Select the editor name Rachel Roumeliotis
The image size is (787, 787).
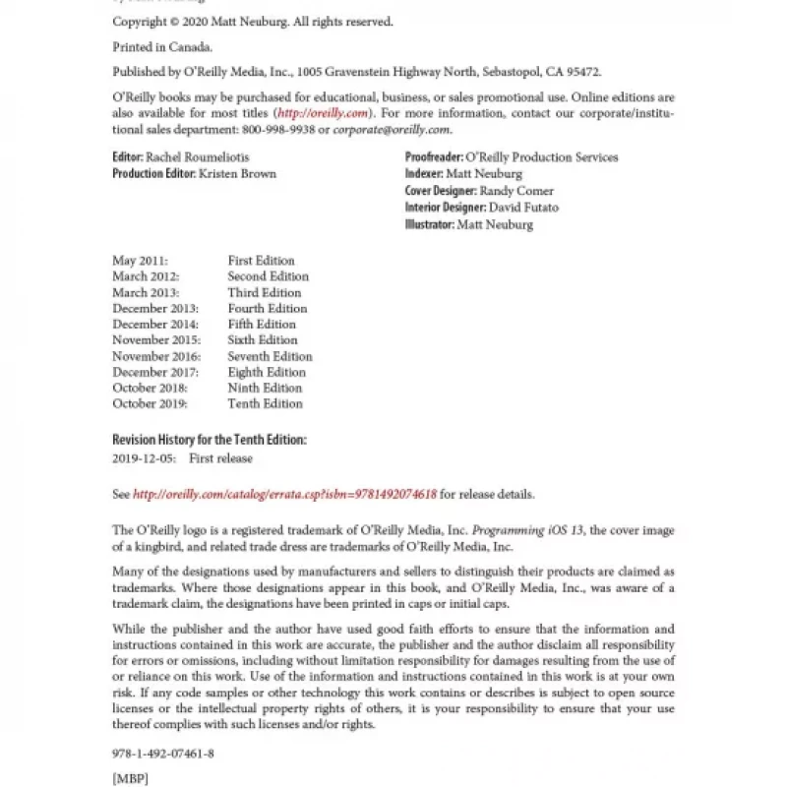point(198,157)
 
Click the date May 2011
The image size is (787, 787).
point(140,261)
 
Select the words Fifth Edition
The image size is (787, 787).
point(262,325)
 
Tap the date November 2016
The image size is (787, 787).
point(156,356)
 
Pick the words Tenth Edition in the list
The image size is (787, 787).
point(265,403)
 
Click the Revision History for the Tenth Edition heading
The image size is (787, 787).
point(210,439)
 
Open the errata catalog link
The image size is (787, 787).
point(284,494)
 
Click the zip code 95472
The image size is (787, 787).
point(581,72)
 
